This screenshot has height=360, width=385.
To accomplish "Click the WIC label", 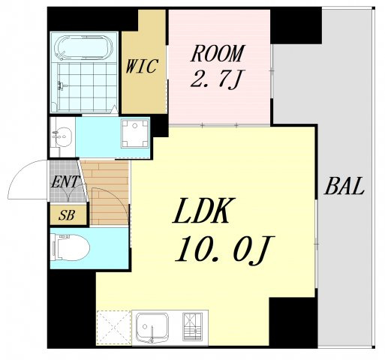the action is pyautogui.click(x=142, y=66).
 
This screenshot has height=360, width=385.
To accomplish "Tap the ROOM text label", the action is pyautogui.click(x=217, y=53).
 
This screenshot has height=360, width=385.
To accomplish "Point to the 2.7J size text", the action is pyautogui.click(x=215, y=79).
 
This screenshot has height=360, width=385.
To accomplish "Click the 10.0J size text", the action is pyautogui.click(x=224, y=250).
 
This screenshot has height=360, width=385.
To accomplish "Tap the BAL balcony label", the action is pyautogui.click(x=344, y=186).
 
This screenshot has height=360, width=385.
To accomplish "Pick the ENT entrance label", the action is pyautogui.click(x=65, y=181).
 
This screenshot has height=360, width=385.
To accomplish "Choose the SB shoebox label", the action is pyautogui.click(x=67, y=215).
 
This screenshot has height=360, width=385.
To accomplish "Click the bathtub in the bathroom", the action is pyautogui.click(x=83, y=47).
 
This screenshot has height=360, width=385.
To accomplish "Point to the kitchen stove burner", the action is pyautogui.click(x=192, y=326).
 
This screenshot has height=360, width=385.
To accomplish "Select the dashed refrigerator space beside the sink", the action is pyautogui.click(x=114, y=327).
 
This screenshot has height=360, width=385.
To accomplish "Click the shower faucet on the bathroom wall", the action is pyautogui.click(x=62, y=85).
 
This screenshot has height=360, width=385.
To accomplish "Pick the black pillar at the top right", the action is pyautogui.click(x=296, y=25).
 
